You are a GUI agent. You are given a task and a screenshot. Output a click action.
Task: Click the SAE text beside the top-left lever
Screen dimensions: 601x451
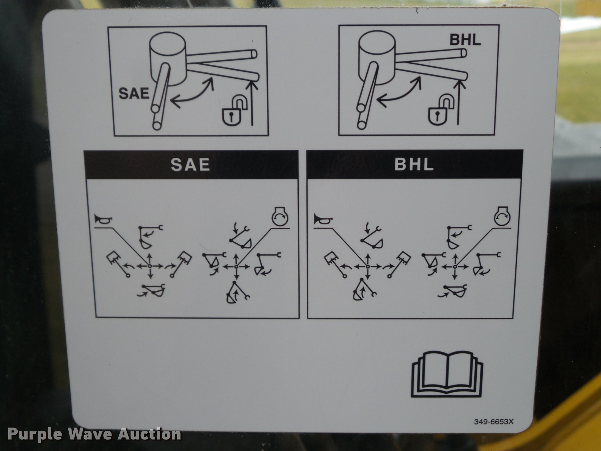[134, 94]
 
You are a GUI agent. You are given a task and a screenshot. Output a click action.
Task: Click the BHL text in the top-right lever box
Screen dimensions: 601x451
[465, 40]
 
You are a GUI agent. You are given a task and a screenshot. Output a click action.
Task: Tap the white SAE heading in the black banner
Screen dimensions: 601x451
[190, 165]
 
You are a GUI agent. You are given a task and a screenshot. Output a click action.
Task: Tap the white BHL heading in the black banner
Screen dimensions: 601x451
[414, 165]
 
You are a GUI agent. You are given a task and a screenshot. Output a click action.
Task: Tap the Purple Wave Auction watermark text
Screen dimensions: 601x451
[94, 434]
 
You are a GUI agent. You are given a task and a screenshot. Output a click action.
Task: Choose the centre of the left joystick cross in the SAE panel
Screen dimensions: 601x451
[150, 266]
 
